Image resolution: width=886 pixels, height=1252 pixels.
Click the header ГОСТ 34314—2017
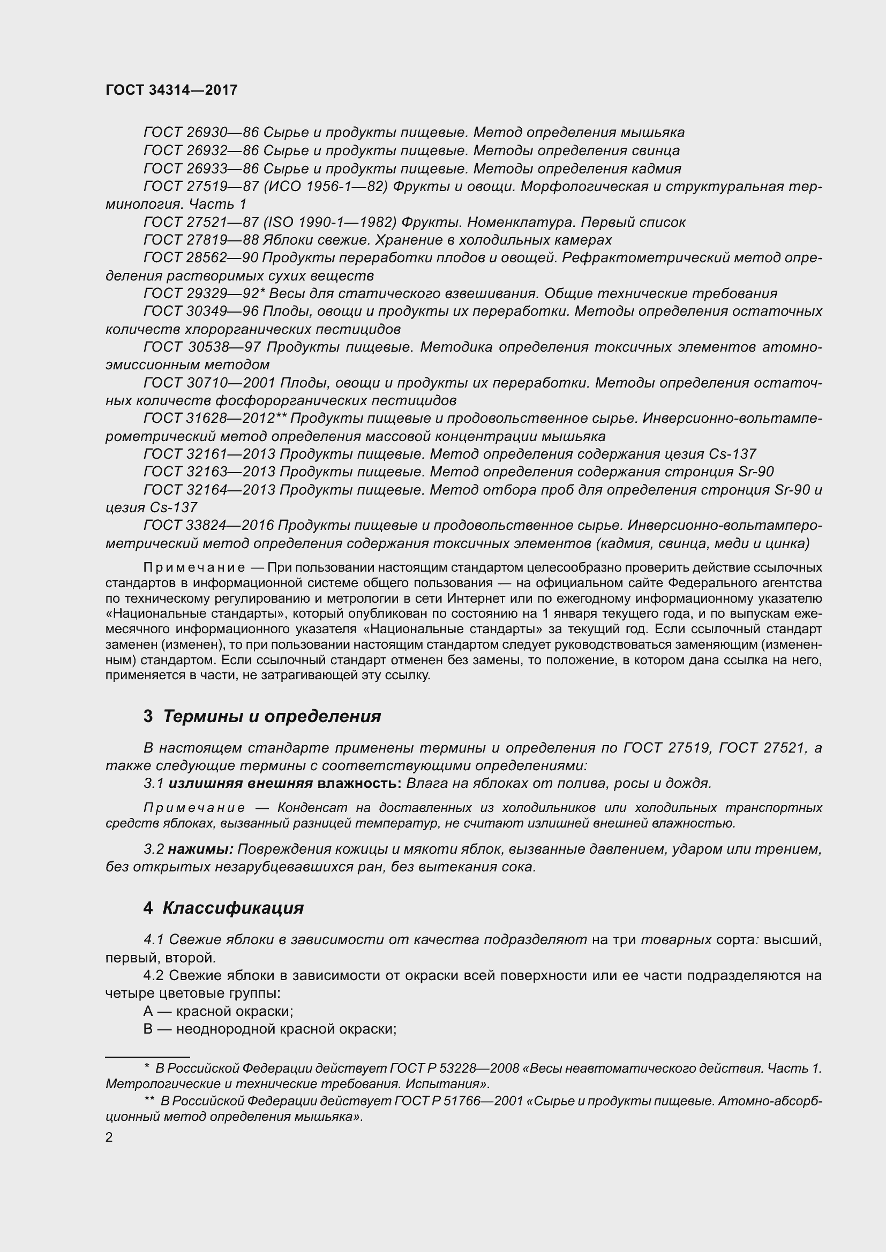coord(171,90)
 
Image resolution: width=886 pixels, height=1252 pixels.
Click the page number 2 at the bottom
coord(109,1137)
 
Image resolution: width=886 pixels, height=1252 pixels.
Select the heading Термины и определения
coord(271,716)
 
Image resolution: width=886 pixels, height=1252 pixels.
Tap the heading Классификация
coord(233,908)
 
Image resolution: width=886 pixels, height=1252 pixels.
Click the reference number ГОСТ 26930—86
coord(201,133)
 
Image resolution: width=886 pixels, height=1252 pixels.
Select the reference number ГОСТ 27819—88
coord(201,240)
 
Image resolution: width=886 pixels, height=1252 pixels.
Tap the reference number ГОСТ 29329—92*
coord(204,293)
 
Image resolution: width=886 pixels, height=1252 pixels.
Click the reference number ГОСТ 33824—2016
coord(208,525)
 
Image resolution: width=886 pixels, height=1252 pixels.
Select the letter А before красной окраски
coord(148,1011)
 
